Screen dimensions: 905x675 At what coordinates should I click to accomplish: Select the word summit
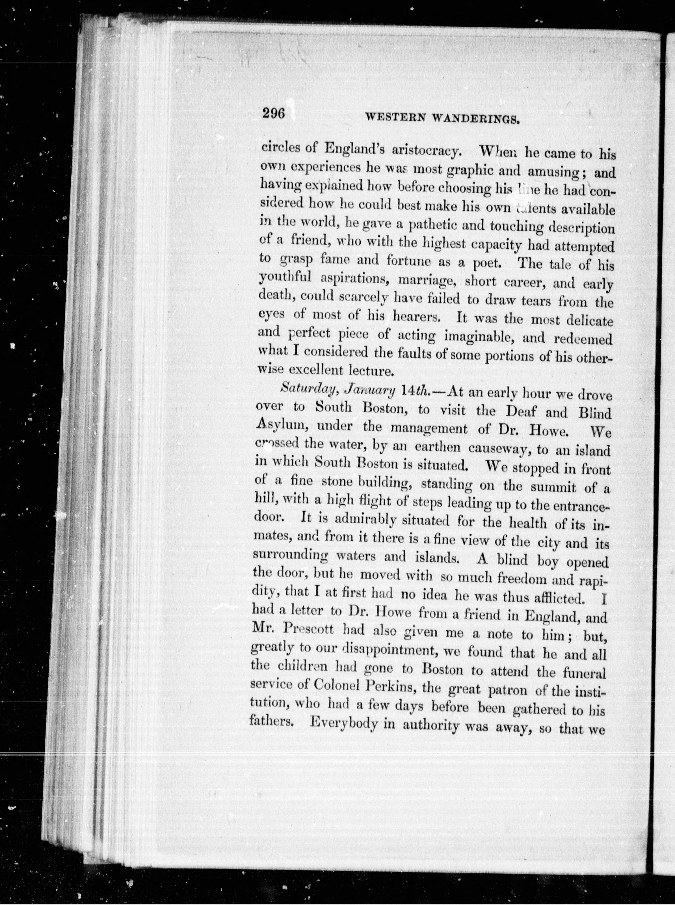click(552, 487)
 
